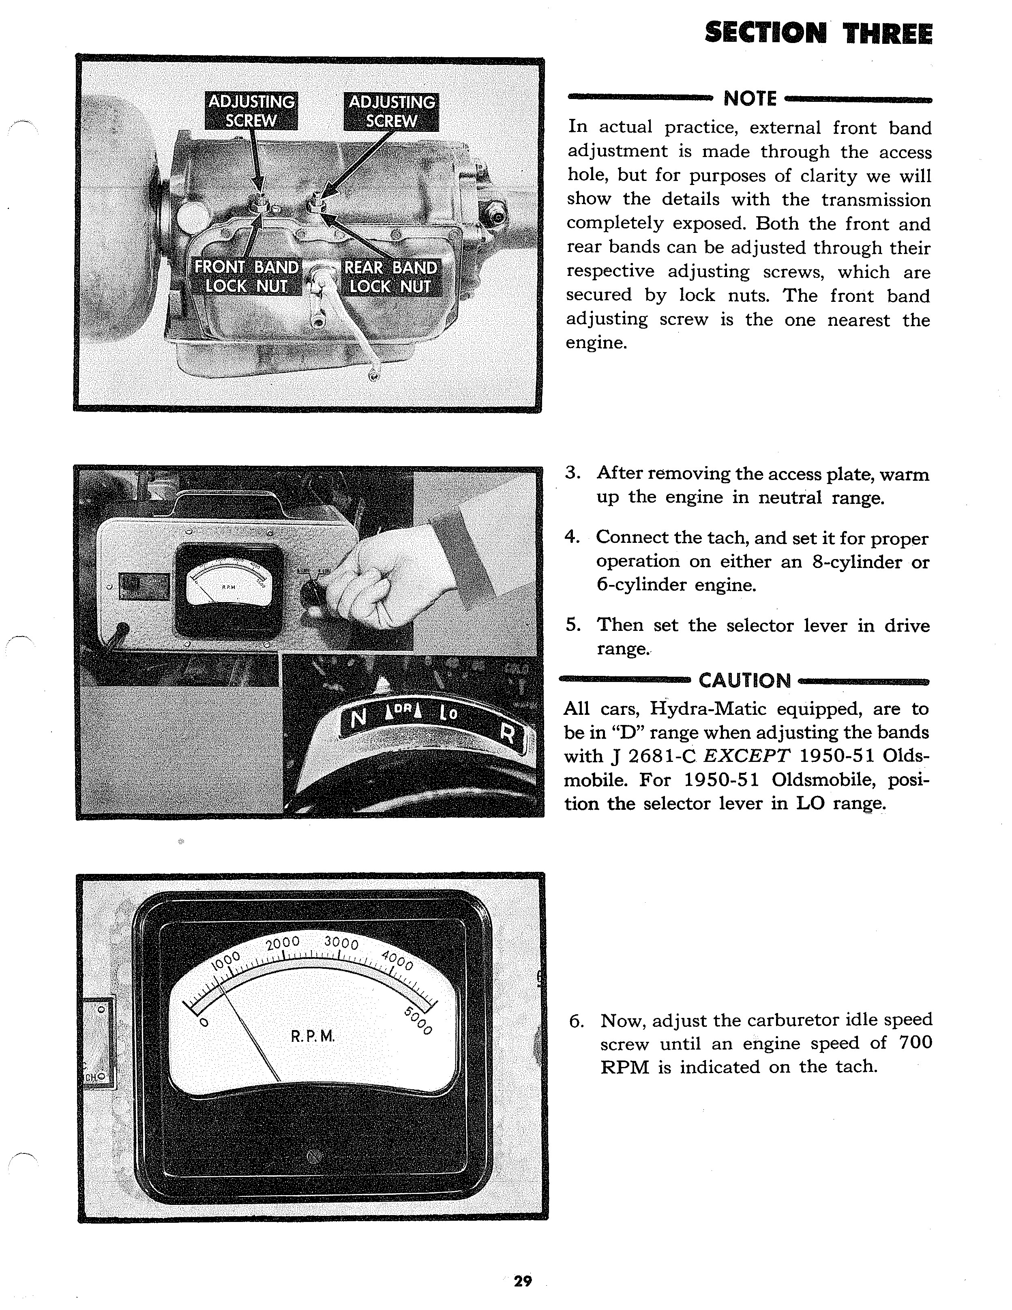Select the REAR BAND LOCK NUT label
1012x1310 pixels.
[x=390, y=277]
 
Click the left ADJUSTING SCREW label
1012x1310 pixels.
[x=251, y=111]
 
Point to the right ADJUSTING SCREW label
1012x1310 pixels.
[x=392, y=112]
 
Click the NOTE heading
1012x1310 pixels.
[x=750, y=98]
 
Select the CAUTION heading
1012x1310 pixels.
[x=745, y=681]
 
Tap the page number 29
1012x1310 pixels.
[x=522, y=1281]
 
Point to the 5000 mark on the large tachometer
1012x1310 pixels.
[x=418, y=1021]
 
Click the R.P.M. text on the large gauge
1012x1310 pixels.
[x=312, y=1037]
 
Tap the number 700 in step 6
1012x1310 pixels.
[x=916, y=1043]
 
